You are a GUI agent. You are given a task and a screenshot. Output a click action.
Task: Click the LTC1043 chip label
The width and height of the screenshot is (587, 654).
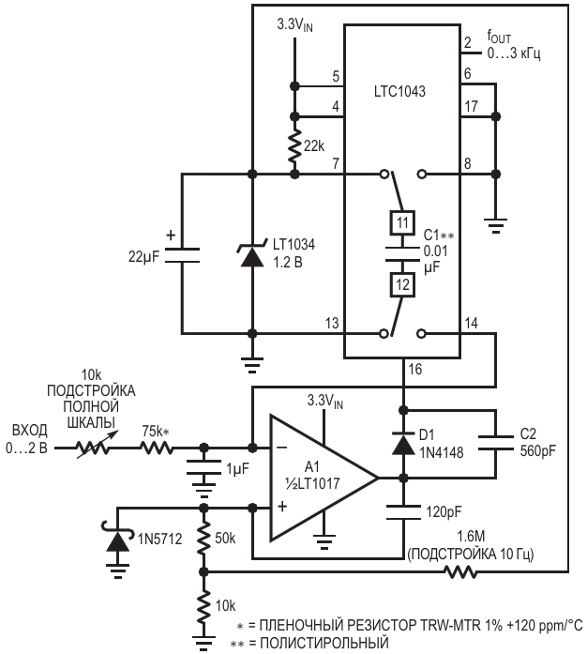coord(400,94)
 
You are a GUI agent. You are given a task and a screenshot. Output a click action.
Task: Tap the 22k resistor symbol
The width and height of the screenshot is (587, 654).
coord(294,145)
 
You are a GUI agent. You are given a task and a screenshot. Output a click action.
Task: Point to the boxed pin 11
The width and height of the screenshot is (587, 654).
coord(400,222)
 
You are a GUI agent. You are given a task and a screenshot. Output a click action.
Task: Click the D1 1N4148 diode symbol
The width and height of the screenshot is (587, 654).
coord(404,443)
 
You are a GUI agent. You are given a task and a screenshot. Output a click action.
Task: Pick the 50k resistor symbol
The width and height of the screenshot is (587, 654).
coord(203,540)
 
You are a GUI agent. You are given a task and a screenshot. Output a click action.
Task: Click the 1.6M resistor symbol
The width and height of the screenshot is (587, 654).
coord(460,570)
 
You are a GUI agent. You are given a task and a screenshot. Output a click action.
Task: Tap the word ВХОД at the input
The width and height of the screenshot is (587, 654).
coord(30,430)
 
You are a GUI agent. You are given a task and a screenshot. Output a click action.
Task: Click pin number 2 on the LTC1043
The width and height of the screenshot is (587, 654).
coord(467,43)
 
